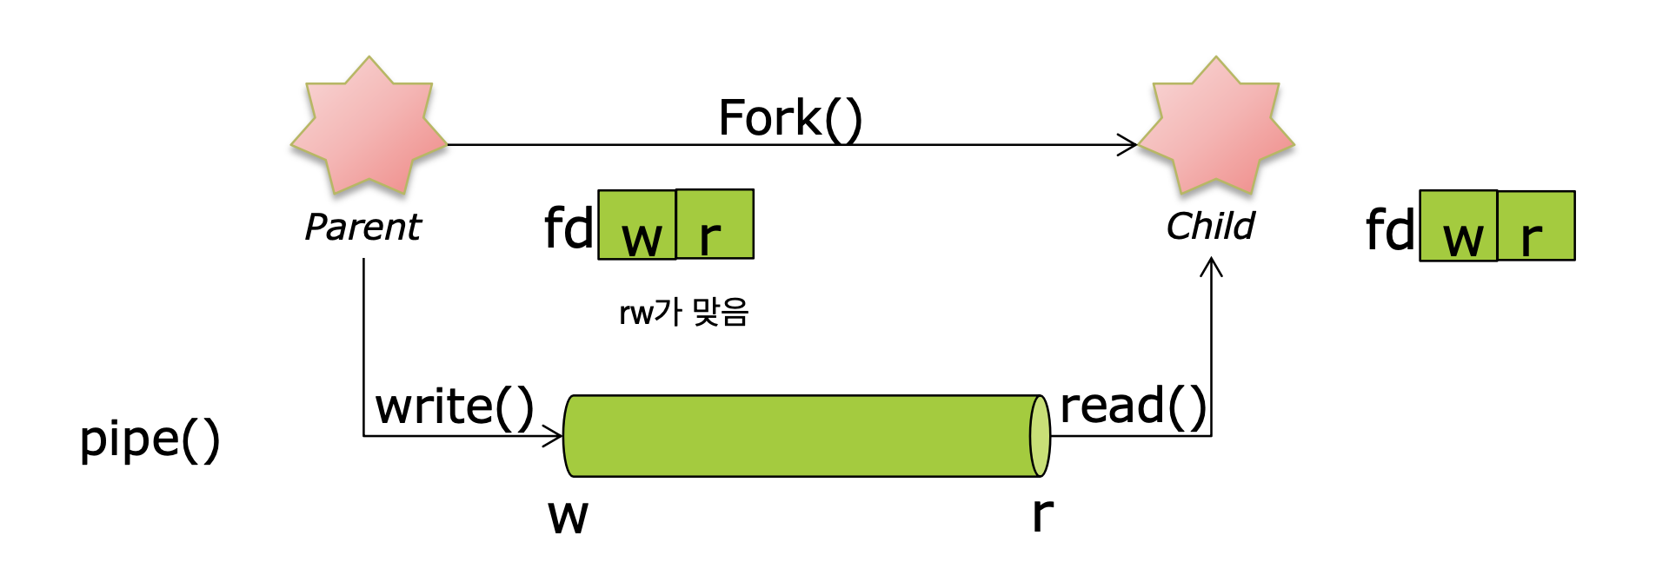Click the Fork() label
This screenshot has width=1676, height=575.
click(789, 118)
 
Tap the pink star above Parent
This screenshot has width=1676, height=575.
click(369, 127)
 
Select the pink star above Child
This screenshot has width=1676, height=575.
click(1216, 127)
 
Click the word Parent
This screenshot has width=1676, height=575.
click(362, 228)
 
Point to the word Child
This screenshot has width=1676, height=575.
click(1210, 227)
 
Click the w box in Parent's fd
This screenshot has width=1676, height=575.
click(637, 225)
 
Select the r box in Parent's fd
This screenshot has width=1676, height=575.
click(715, 225)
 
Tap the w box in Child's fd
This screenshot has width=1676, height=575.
click(1459, 226)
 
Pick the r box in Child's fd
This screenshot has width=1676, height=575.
click(1536, 226)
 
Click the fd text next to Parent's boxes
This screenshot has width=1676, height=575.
click(569, 228)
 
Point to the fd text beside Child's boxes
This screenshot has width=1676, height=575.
click(1390, 230)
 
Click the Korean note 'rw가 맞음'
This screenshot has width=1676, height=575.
click(683, 312)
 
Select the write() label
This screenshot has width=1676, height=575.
click(454, 406)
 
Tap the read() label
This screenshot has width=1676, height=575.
click(1133, 406)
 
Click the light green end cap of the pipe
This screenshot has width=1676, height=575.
click(1040, 436)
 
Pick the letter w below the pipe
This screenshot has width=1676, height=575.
click(568, 515)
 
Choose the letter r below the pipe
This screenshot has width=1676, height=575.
click(1042, 514)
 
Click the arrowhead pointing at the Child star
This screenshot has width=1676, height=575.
click(1128, 145)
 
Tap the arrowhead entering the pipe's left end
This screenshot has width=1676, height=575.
click(554, 436)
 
